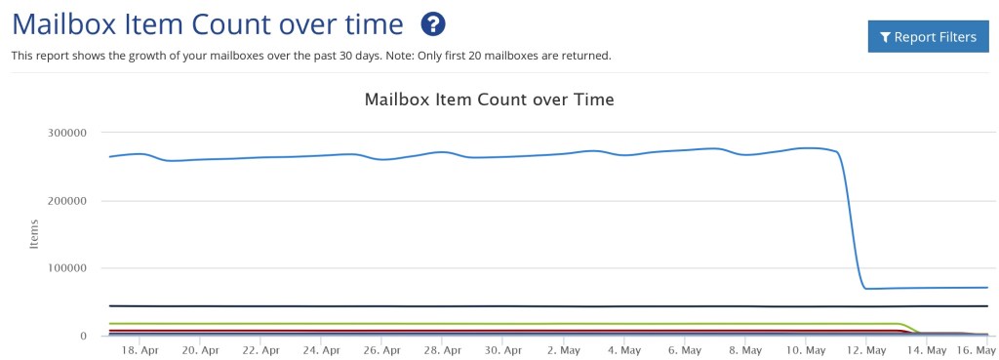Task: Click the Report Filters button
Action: tap(928, 37)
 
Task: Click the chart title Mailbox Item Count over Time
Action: tap(489, 99)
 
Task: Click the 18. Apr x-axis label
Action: tap(138, 349)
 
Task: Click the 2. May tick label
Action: tap(564, 349)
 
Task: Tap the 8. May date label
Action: tap(745, 349)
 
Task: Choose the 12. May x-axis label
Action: tap(866, 349)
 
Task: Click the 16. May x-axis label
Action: tap(976, 349)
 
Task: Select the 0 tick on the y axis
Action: tap(84, 336)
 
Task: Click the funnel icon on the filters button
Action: tap(885, 37)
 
